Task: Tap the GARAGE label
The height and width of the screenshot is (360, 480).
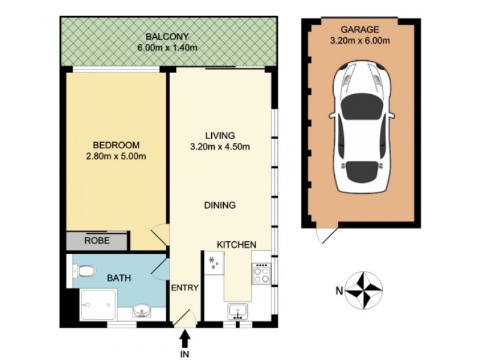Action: pyautogui.click(x=360, y=29)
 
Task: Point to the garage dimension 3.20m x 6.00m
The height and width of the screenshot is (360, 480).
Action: pyautogui.click(x=360, y=41)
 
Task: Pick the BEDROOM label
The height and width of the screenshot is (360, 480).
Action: pyautogui.click(x=116, y=145)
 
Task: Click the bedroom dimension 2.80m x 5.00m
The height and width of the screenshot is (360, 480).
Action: pyautogui.click(x=116, y=157)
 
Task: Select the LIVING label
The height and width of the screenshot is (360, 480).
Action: pyautogui.click(x=220, y=136)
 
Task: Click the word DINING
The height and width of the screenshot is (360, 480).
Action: pyautogui.click(x=219, y=205)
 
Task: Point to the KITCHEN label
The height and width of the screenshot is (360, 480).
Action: pyautogui.click(x=236, y=245)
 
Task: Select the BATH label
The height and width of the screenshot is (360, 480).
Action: pyautogui.click(x=120, y=278)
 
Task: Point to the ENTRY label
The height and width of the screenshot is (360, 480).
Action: pyautogui.click(x=185, y=288)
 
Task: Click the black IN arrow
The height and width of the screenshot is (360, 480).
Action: pyautogui.click(x=185, y=340)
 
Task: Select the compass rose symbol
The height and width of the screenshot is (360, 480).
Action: pyautogui.click(x=365, y=292)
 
